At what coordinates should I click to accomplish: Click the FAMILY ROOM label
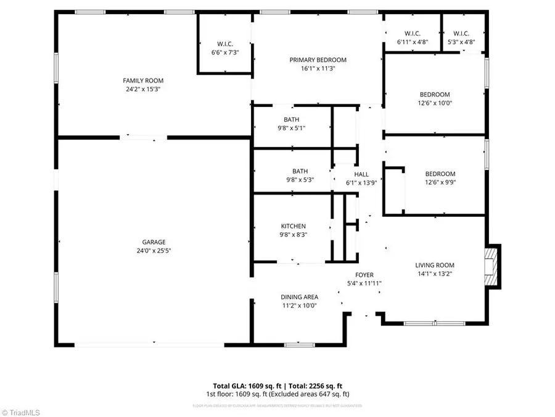click(x=143, y=80)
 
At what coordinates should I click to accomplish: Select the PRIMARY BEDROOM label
click(x=318, y=60)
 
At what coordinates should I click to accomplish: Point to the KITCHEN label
click(x=294, y=226)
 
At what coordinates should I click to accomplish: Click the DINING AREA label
click(x=299, y=297)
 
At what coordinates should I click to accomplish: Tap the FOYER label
click(x=364, y=275)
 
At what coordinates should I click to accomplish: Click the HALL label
click(x=361, y=174)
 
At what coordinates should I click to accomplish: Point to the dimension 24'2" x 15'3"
click(x=143, y=90)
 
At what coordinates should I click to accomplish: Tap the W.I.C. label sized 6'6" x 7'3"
click(x=224, y=44)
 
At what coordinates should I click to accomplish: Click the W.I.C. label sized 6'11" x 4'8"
click(x=412, y=33)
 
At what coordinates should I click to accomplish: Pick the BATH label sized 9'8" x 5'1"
click(x=292, y=119)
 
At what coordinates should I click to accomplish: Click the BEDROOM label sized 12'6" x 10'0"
click(x=435, y=95)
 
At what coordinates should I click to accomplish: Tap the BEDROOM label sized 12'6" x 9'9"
click(x=440, y=174)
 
